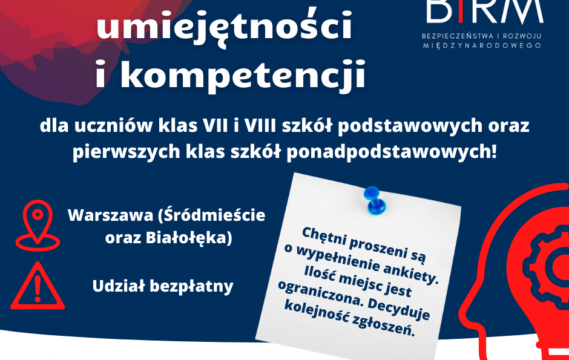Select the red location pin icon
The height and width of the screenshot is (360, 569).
coord(38,226)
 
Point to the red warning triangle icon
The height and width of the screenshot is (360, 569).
coord(38,286)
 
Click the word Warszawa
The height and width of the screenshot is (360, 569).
coord(110,215)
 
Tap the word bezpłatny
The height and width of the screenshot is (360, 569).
coord(192,286)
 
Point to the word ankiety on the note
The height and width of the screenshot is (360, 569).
coord(411,272)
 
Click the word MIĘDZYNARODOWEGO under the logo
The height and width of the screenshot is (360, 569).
coord(482,45)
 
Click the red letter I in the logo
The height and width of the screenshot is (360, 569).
coord(461,11)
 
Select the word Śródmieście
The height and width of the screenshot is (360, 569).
coord(212,215)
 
